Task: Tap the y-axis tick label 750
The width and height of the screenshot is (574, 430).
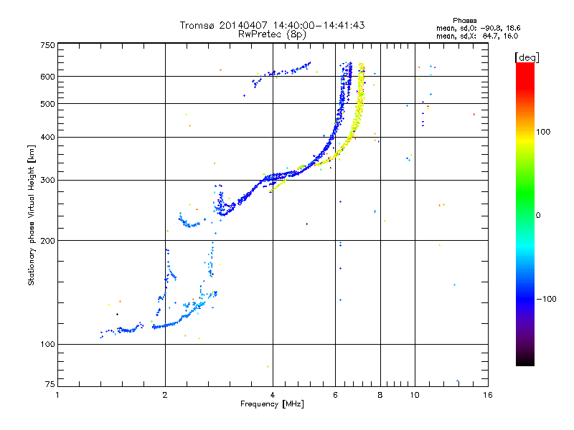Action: pyautogui.click(x=47, y=45)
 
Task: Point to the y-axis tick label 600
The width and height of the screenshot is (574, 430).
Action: pyautogui.click(x=47, y=76)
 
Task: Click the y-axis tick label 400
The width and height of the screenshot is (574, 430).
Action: pyautogui.click(x=47, y=137)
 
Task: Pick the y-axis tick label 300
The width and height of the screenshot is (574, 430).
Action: pyautogui.click(x=47, y=180)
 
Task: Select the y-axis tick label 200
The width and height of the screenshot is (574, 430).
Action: pyautogui.click(x=47, y=240)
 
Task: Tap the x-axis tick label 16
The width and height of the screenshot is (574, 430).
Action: pyautogui.click(x=486, y=395)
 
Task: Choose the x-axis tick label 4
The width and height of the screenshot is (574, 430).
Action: pyautogui.click(x=273, y=395)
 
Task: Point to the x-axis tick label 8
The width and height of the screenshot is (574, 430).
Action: pyautogui.click(x=380, y=395)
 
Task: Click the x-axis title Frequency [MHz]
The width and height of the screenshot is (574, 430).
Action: pyautogui.click(x=272, y=405)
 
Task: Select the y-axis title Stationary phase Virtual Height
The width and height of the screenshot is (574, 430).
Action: pyautogui.click(x=32, y=215)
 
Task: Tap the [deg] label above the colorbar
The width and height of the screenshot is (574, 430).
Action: pyautogui.click(x=527, y=57)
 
